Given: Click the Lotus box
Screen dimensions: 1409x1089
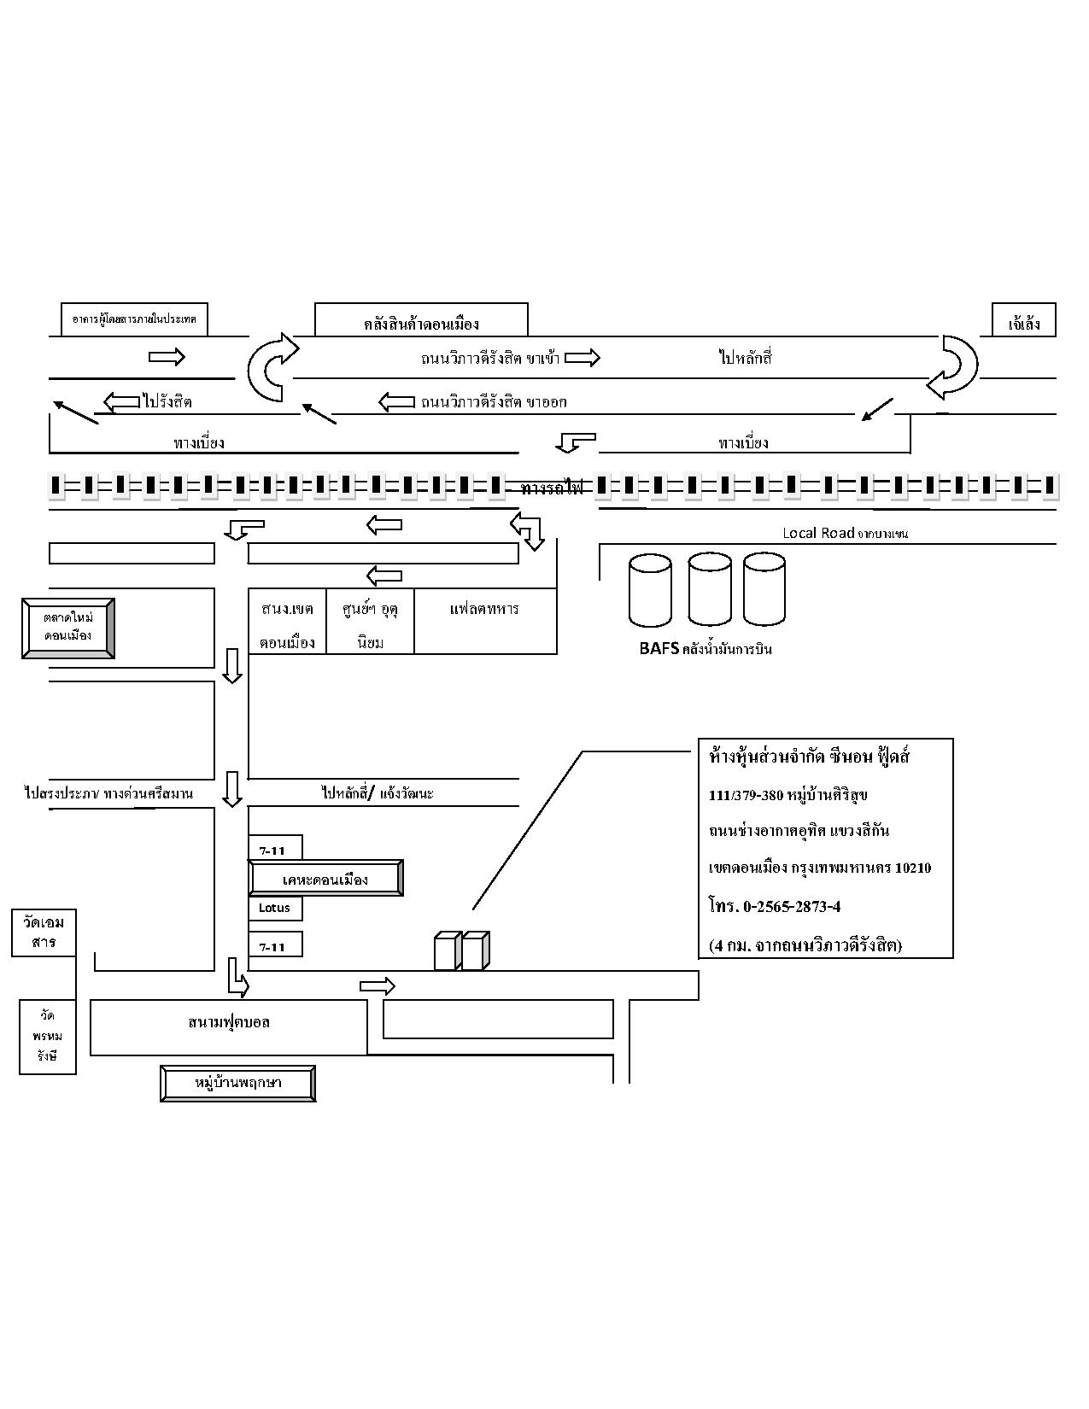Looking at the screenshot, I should (275, 908).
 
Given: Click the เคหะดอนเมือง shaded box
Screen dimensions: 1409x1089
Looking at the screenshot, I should (325, 879).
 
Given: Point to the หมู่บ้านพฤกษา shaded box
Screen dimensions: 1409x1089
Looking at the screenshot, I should (238, 1084).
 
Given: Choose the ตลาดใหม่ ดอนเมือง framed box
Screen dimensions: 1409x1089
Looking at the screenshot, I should (68, 628).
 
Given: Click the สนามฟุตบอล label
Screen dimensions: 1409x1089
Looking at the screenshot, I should (229, 1022).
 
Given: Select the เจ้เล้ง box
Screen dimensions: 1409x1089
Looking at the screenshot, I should (1023, 323).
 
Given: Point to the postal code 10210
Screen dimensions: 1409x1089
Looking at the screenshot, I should (913, 868).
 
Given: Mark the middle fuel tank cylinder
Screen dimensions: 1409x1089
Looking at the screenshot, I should (710, 589).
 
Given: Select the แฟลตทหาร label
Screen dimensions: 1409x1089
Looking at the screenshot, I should (484, 609).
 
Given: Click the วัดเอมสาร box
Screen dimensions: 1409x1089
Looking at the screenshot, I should (44, 933).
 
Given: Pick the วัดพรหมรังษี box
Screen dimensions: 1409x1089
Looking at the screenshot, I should (47, 1037).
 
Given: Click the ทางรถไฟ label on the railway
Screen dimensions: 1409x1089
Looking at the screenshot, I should (551, 488).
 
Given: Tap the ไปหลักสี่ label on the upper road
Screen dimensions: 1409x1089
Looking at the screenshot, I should (745, 358).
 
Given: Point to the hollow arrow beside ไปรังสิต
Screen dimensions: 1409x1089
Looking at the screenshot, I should (122, 401).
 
